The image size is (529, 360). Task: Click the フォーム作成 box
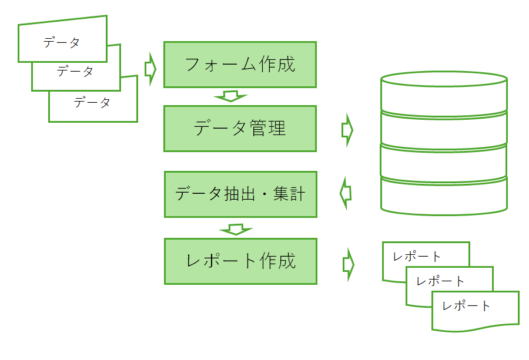coord(240,65)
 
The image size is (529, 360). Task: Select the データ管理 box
coord(240,129)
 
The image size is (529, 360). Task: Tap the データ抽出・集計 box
coord(240,194)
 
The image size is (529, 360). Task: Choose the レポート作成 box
coord(240,261)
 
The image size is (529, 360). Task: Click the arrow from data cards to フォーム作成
coord(150,69)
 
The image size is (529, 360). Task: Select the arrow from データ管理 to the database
coord(347,130)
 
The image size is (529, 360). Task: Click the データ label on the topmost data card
coord(61,43)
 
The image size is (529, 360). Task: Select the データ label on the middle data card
coord(75,72)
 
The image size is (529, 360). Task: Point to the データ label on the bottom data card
coord(92,102)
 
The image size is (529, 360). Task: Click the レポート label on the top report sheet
coord(417,257)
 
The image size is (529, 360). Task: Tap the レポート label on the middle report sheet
coord(440,281)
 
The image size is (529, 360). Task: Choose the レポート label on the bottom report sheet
coord(466,306)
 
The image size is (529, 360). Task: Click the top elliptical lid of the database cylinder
coord(444,79)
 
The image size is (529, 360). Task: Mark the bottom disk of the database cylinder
coord(444,197)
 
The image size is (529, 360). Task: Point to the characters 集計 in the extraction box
coord(289,194)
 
